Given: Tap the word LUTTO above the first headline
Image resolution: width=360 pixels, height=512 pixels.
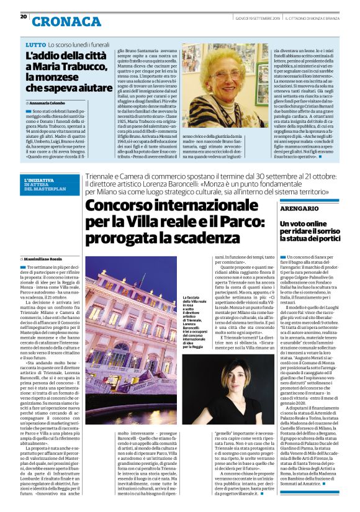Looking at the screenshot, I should coord(36,45).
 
